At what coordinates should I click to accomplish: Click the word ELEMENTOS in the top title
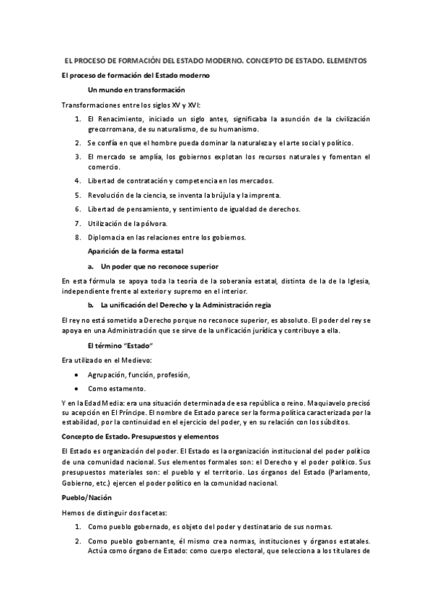point(346,62)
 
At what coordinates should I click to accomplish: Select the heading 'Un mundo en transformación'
point(136,90)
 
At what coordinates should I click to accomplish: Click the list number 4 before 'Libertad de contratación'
point(78,180)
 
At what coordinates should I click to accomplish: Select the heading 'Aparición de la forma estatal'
point(136,251)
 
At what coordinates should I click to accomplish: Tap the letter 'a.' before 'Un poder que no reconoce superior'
point(91,266)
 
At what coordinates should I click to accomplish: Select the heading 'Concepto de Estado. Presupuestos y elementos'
point(139,437)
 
